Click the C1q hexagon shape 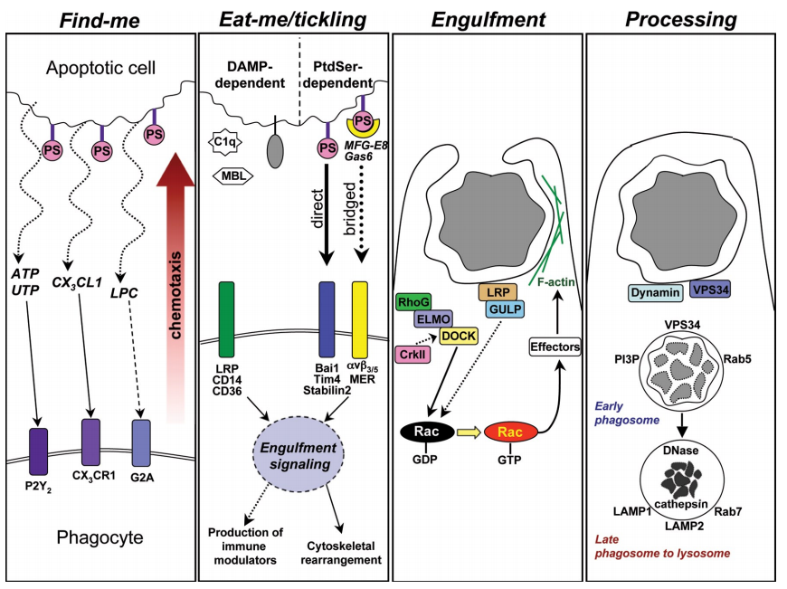(x=227, y=142)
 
